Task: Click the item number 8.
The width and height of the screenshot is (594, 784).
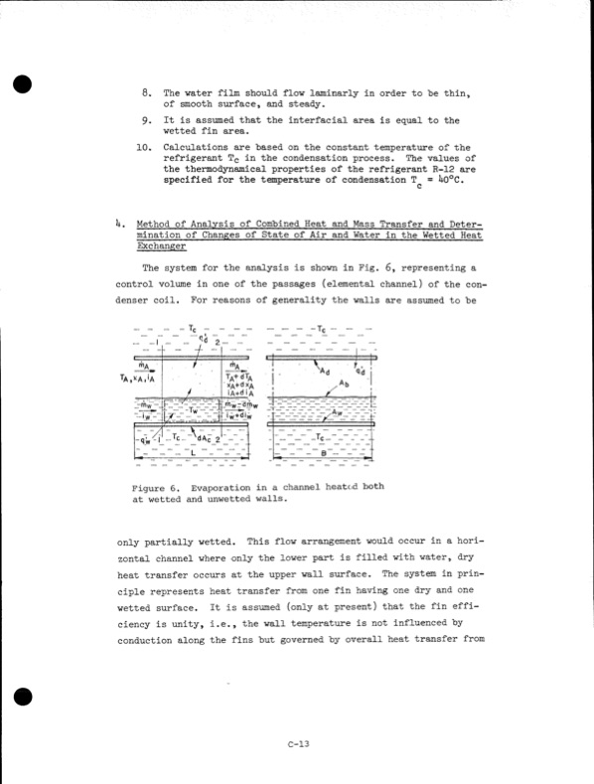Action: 145,93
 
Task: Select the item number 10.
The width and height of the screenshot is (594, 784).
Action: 143,146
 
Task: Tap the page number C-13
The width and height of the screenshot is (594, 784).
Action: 296,744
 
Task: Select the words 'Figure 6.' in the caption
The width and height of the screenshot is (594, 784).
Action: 153,486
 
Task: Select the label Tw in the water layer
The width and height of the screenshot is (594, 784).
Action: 195,407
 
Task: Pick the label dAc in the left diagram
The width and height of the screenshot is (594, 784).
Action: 206,438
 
